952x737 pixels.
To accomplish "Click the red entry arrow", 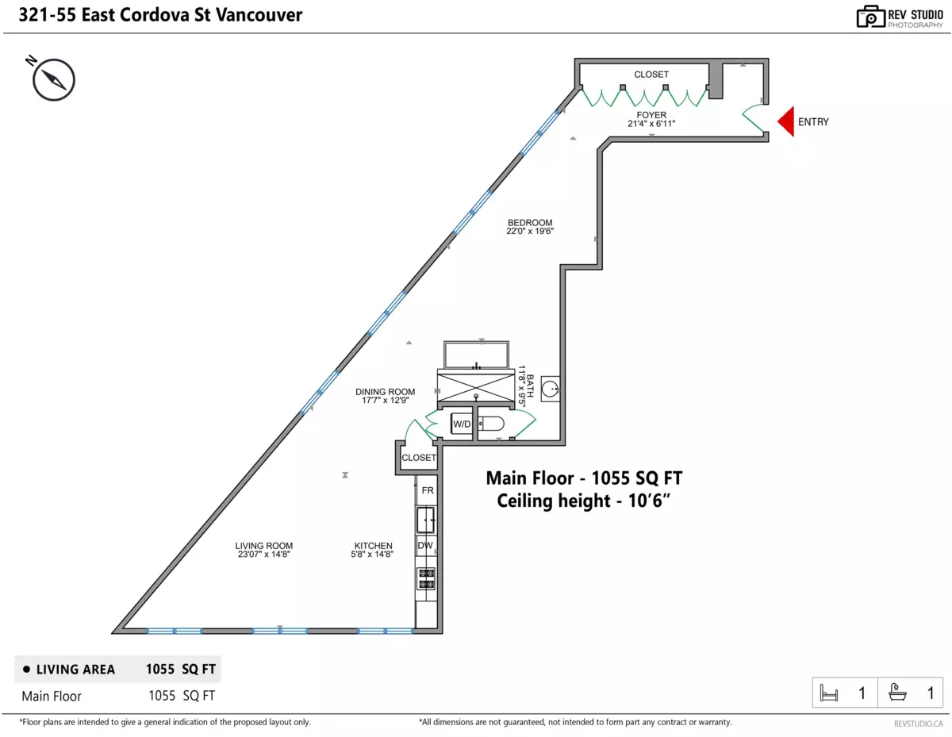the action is click(x=785, y=121).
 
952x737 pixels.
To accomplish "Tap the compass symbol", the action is click(x=53, y=79).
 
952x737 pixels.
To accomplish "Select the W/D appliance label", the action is click(x=462, y=424).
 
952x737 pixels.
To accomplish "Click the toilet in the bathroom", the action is click(x=491, y=424).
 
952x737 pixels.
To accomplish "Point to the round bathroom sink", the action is click(x=549, y=389).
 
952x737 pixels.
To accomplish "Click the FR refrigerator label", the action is click(x=428, y=490).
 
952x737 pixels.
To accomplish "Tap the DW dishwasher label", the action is click(x=425, y=545).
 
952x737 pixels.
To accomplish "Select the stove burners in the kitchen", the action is click(x=426, y=578).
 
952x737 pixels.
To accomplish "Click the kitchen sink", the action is click(x=425, y=520).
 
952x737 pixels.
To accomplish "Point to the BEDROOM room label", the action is click(x=530, y=222).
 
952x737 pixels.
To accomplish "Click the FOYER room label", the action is click(x=651, y=115).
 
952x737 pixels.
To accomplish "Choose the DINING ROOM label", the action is click(x=385, y=391).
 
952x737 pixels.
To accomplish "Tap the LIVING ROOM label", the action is click(x=263, y=546).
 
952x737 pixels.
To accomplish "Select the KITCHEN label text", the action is click(x=374, y=546).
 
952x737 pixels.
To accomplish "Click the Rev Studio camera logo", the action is click(x=870, y=17).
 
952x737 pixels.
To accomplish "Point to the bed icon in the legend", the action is click(x=828, y=693).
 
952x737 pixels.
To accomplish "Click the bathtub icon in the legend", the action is click(x=897, y=693).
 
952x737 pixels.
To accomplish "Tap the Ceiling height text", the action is click(x=583, y=501).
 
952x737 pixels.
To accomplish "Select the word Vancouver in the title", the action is click(x=259, y=15).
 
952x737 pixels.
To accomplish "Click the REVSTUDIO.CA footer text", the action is click(x=918, y=724).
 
